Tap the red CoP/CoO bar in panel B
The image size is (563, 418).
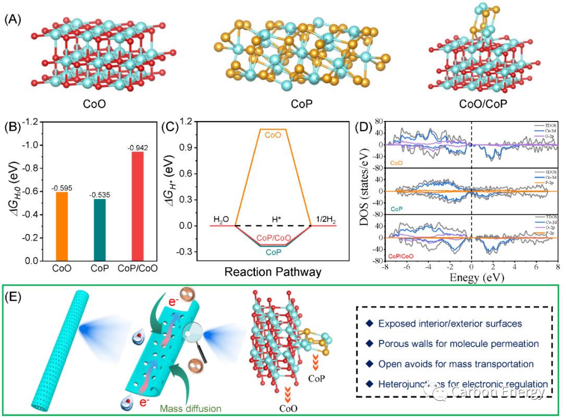tap(138, 206)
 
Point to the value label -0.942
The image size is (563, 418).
tap(138, 147)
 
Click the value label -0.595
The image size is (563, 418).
tap(61, 188)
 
